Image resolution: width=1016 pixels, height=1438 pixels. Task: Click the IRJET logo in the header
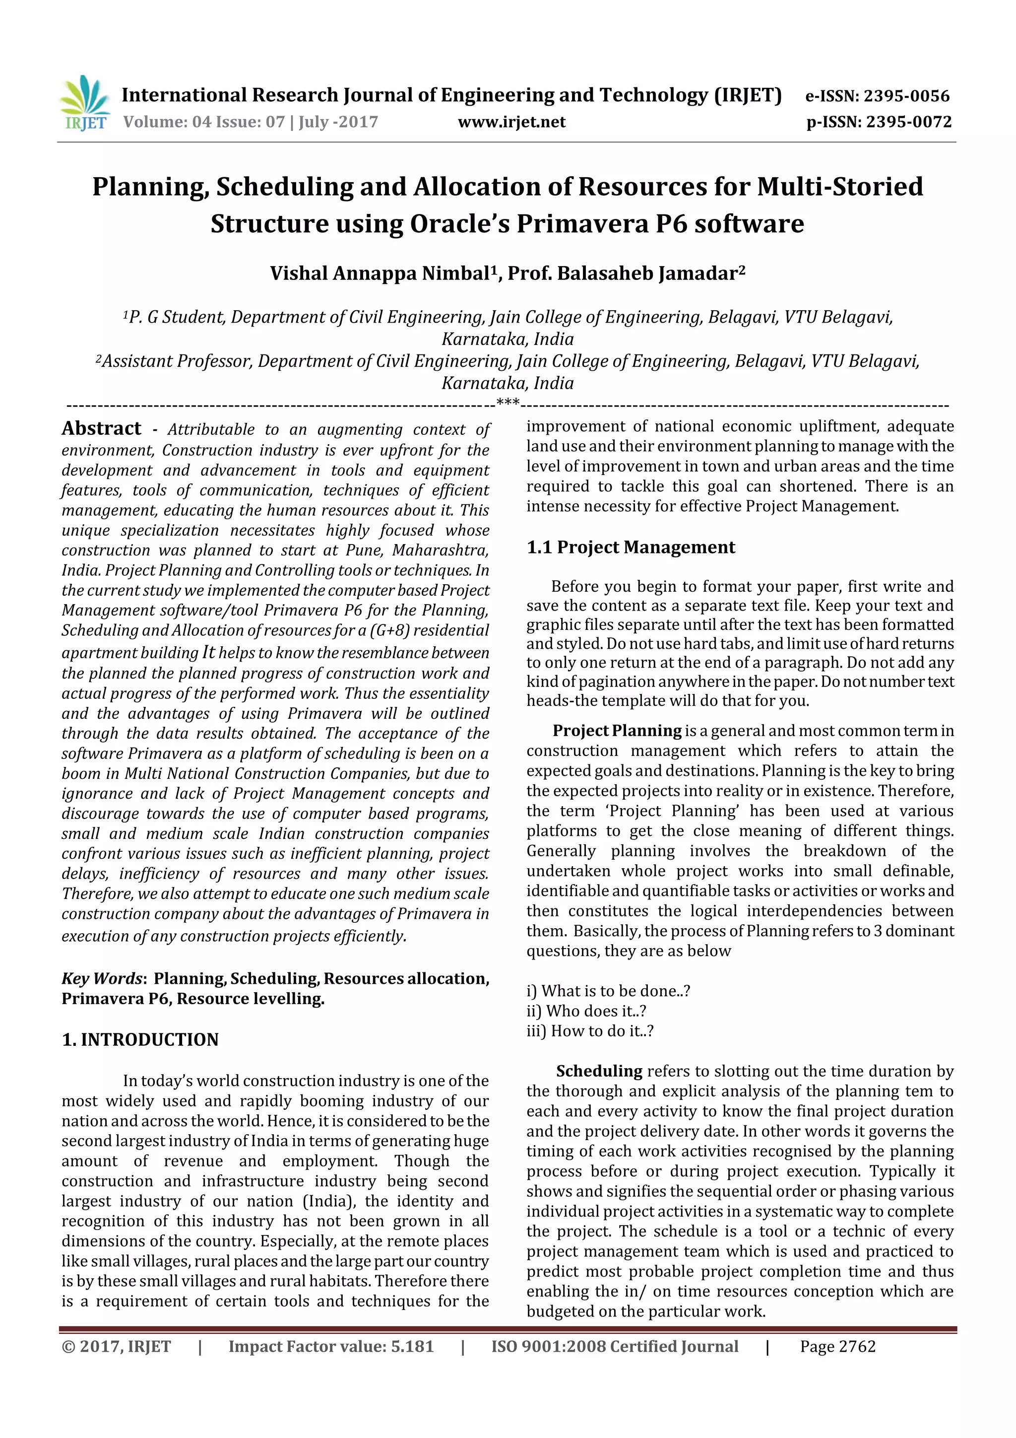coord(84,104)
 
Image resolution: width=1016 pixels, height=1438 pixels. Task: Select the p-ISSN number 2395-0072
coord(909,122)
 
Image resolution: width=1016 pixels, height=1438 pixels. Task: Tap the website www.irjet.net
coord(511,122)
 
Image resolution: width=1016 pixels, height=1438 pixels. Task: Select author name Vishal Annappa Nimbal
coord(380,274)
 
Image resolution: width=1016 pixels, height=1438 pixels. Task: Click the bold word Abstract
coord(101,428)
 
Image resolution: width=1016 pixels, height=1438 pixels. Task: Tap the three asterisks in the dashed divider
coord(508,402)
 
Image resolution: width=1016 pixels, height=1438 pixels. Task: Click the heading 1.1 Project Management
coord(631,548)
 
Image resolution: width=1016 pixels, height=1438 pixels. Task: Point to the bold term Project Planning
coord(617,731)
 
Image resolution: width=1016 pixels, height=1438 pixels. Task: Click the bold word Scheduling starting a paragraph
coord(599,1071)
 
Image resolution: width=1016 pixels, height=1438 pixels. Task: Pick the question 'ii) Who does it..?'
coord(586,1011)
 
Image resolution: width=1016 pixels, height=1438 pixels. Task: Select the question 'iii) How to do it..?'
coord(590,1031)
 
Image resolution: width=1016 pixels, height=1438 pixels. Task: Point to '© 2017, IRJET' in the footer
coord(116,1347)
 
